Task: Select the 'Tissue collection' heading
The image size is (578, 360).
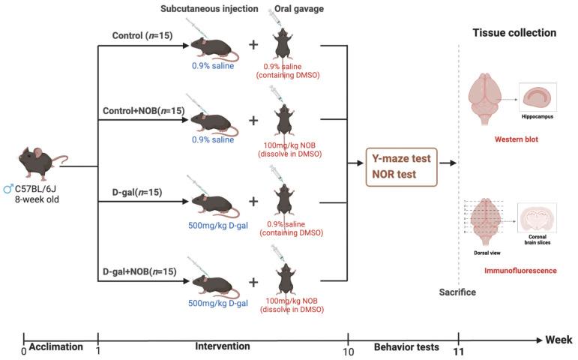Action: tap(514, 33)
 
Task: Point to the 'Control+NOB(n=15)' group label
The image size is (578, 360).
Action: tap(141, 112)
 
